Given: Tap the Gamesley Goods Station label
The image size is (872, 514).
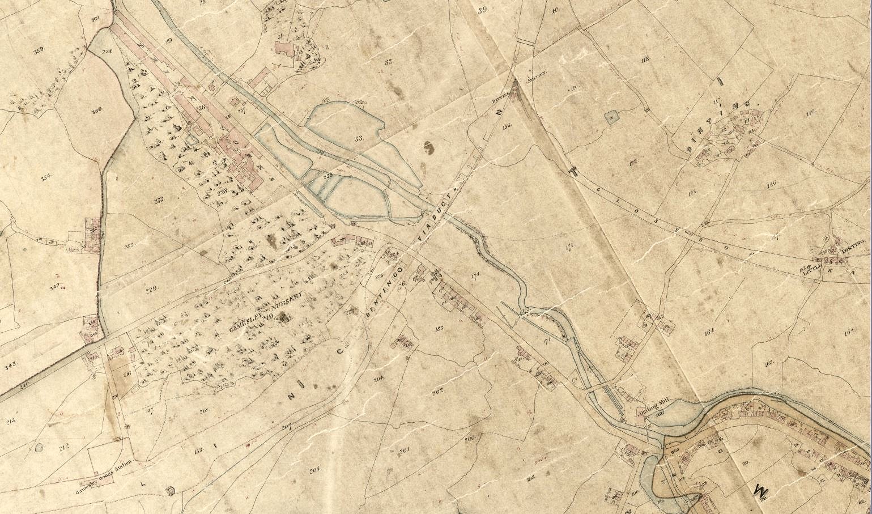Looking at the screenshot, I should (105, 469).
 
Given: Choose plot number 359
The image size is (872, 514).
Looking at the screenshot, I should (39, 51).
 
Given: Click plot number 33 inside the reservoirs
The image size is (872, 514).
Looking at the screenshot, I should (358, 138).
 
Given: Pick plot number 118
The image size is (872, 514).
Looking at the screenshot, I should (644, 60).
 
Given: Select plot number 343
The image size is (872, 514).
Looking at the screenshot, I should (10, 363).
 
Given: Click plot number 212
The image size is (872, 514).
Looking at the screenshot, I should (63, 448).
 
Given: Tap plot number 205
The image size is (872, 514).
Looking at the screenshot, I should (315, 469).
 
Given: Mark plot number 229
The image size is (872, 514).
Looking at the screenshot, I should (151, 290).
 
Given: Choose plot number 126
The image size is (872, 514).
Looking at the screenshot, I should (771, 183).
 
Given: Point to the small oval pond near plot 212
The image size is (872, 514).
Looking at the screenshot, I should (39, 447).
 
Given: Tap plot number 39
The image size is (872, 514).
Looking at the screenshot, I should (482, 10).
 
